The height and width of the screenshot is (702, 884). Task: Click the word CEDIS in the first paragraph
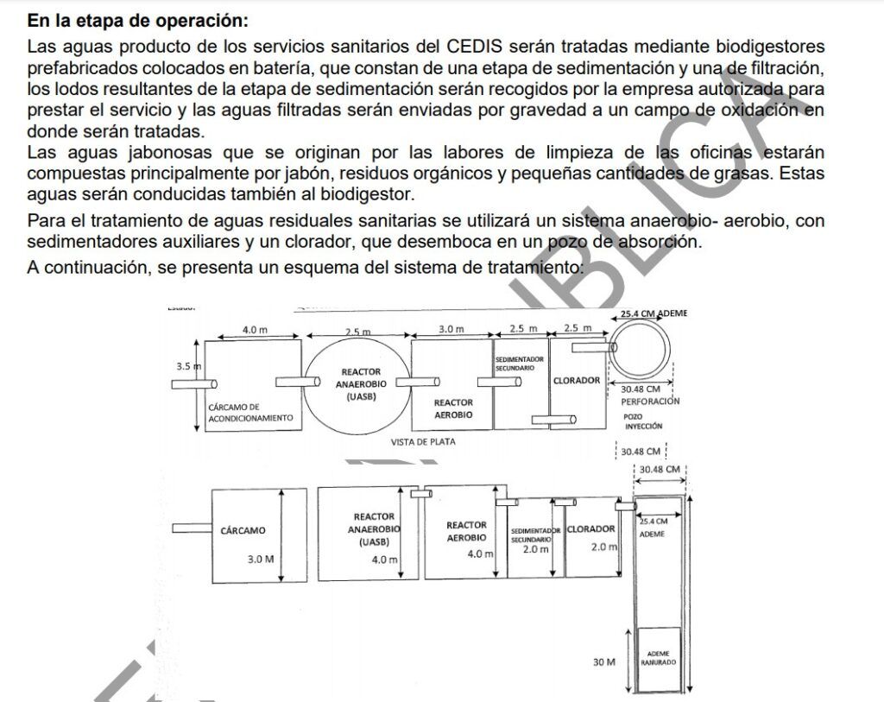tap(474, 46)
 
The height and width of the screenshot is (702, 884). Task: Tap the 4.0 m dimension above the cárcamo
tap(255, 329)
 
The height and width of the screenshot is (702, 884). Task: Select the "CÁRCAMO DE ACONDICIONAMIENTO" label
tap(251, 412)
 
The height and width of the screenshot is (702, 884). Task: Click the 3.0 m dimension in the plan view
tap(451, 329)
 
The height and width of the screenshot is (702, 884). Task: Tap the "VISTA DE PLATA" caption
tap(423, 441)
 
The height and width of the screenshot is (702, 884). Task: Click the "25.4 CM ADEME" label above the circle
tap(654, 313)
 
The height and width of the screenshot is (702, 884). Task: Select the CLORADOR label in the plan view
tap(576, 380)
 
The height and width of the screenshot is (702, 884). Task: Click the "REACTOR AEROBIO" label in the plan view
tap(453, 408)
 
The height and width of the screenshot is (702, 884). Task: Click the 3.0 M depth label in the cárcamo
tap(260, 559)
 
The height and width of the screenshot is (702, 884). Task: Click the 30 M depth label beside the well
tap(603, 661)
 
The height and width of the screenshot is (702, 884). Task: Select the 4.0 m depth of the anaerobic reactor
tap(384, 560)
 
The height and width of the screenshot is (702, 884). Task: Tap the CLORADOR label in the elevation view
tap(591, 529)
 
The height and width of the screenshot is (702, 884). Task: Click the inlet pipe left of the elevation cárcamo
tap(192, 528)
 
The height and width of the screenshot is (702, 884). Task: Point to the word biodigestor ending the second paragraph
tap(370, 193)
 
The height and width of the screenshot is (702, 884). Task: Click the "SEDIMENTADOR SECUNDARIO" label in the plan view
tap(519, 363)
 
